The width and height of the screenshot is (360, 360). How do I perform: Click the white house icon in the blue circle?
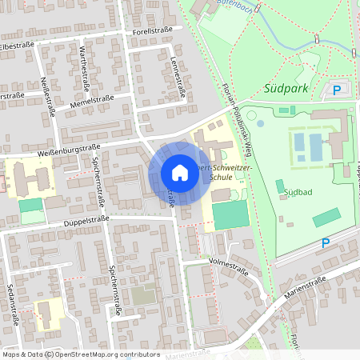pyautogui.click(x=179, y=173)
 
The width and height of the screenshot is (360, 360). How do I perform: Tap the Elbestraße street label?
pyautogui.click(x=17, y=46)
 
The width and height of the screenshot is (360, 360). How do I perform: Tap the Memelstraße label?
pyautogui.click(x=89, y=101)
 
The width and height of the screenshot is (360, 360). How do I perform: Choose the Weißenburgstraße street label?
pyautogui.click(x=67, y=149)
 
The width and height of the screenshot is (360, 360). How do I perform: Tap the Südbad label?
pyautogui.click(x=298, y=193)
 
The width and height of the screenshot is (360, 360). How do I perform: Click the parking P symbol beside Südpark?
pyautogui.click(x=337, y=90)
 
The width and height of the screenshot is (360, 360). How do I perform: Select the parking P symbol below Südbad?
pyautogui.click(x=326, y=242)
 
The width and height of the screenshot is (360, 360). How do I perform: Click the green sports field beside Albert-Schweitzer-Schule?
pyautogui.click(x=231, y=214)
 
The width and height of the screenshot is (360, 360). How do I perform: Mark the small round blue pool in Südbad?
pyautogui.click(x=261, y=124)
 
